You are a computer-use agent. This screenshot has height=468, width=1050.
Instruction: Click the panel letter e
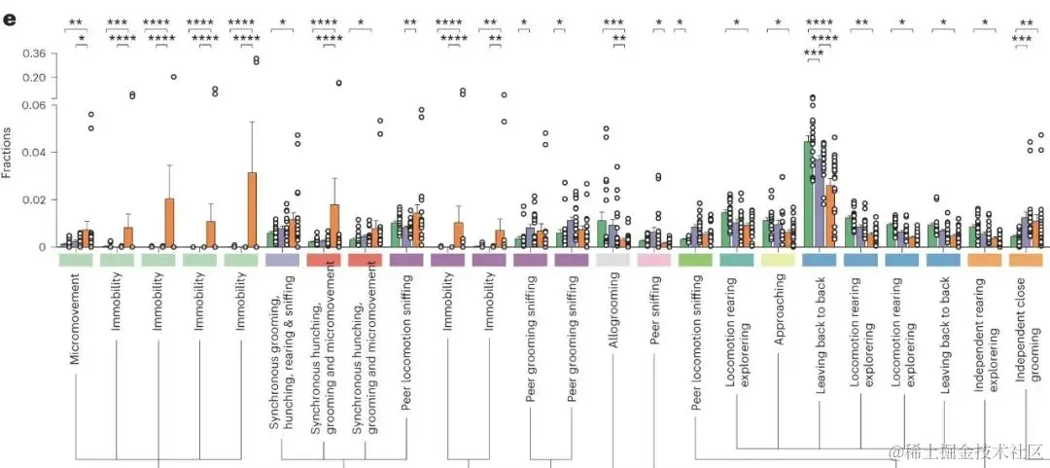[11, 19]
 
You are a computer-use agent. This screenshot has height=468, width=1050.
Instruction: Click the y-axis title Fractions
[8, 154]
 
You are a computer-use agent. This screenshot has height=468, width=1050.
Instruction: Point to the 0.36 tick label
[34, 54]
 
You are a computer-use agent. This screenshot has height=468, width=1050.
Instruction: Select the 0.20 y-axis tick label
[34, 77]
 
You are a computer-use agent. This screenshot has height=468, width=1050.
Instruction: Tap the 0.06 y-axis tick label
[34, 106]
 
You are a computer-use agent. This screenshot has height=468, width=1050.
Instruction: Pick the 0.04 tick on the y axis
[34, 153]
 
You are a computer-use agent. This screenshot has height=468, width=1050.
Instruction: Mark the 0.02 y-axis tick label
[34, 200]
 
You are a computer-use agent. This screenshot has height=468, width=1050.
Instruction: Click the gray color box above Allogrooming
[612, 261]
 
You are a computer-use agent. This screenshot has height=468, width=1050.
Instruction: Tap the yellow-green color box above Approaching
[778, 261]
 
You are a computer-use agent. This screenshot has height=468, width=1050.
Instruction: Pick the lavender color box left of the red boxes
[282, 261]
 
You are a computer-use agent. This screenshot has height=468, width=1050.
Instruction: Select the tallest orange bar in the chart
[252, 210]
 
